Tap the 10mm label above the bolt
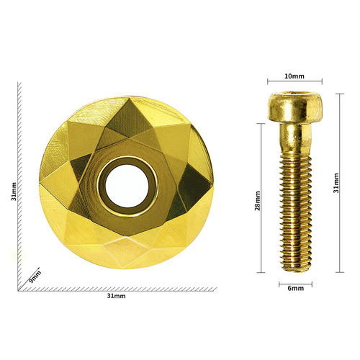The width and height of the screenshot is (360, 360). [294, 75]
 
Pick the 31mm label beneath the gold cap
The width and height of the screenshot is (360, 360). [116, 296]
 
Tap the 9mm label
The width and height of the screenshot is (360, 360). [34, 276]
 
